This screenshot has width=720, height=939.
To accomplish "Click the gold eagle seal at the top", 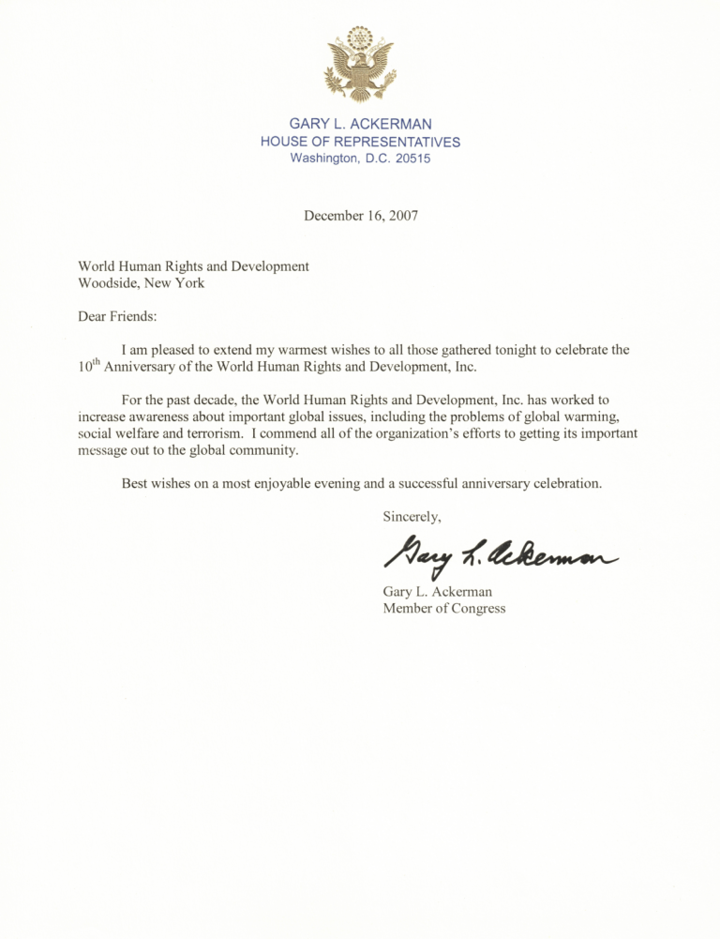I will tap(360, 64).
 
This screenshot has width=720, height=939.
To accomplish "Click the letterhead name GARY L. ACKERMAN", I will tap(360, 124).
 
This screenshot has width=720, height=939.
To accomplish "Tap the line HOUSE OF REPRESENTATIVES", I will tap(360, 142).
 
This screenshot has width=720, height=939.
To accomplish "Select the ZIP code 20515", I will tap(412, 159).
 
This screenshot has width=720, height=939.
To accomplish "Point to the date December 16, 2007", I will tap(360, 215).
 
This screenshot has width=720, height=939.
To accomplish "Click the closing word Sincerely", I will tap(412, 517).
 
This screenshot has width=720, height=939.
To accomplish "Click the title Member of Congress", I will tap(443, 608).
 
